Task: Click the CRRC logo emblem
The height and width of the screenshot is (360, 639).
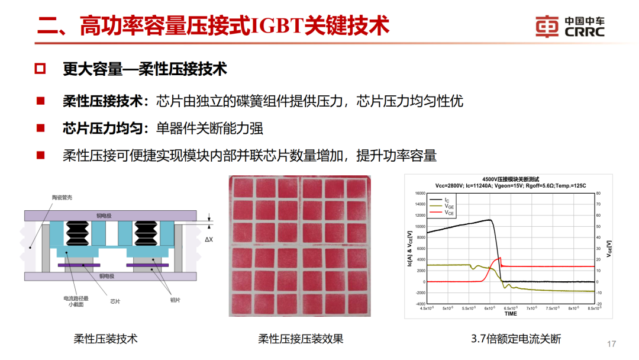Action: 547,26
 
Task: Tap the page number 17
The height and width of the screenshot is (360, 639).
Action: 612,344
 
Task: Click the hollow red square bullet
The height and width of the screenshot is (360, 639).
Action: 40,69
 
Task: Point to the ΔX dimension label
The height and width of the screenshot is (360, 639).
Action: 208,240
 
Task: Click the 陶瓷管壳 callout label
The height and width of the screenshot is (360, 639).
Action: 62,197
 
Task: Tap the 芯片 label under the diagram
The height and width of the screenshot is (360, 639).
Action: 115,301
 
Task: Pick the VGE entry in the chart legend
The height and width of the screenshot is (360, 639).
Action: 451,206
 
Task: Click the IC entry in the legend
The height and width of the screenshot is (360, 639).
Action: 448,200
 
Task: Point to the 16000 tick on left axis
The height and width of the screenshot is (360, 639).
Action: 419,193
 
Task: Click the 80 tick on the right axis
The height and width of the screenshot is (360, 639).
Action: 598,193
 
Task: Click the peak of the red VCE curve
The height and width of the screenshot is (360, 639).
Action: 501,258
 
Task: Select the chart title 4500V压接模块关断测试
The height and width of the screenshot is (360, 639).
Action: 510,179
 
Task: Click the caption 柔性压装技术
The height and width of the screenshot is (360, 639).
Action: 105,339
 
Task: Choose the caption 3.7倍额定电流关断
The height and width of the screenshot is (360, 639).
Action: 516,339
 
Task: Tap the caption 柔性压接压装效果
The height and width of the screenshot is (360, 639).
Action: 301,339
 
